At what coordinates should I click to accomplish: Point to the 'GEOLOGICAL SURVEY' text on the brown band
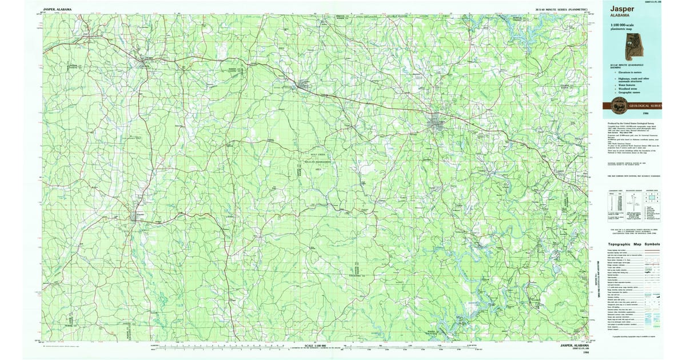645,106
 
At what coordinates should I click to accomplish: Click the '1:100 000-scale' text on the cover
625,26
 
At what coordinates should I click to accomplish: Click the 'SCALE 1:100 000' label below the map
317,346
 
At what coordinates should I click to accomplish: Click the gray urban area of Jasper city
438,122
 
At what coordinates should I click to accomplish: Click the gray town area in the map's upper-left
142,59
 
